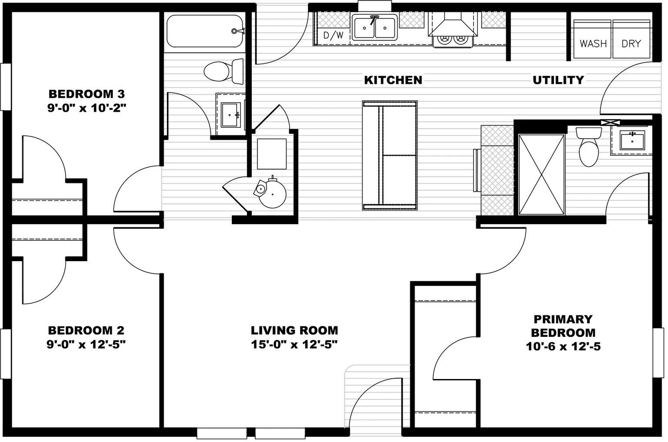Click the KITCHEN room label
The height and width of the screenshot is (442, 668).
click(x=393, y=80)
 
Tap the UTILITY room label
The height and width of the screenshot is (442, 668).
click(x=558, y=80)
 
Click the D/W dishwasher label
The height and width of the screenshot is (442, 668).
click(x=333, y=35)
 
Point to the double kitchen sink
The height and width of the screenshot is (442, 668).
click(x=374, y=27)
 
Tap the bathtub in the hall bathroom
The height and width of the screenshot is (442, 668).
click(x=204, y=31)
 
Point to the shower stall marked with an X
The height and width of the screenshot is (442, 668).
click(x=541, y=174)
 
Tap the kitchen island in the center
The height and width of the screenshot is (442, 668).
click(x=390, y=155)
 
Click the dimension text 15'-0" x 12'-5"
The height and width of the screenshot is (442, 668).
click(x=294, y=345)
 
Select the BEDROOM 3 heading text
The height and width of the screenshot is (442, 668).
click(x=87, y=93)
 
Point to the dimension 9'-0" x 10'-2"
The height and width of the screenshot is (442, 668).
click(x=87, y=108)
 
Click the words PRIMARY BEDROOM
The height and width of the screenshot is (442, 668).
click(x=563, y=326)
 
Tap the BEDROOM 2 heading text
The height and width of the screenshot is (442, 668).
click(x=86, y=330)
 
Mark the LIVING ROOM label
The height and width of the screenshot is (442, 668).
click(x=294, y=330)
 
